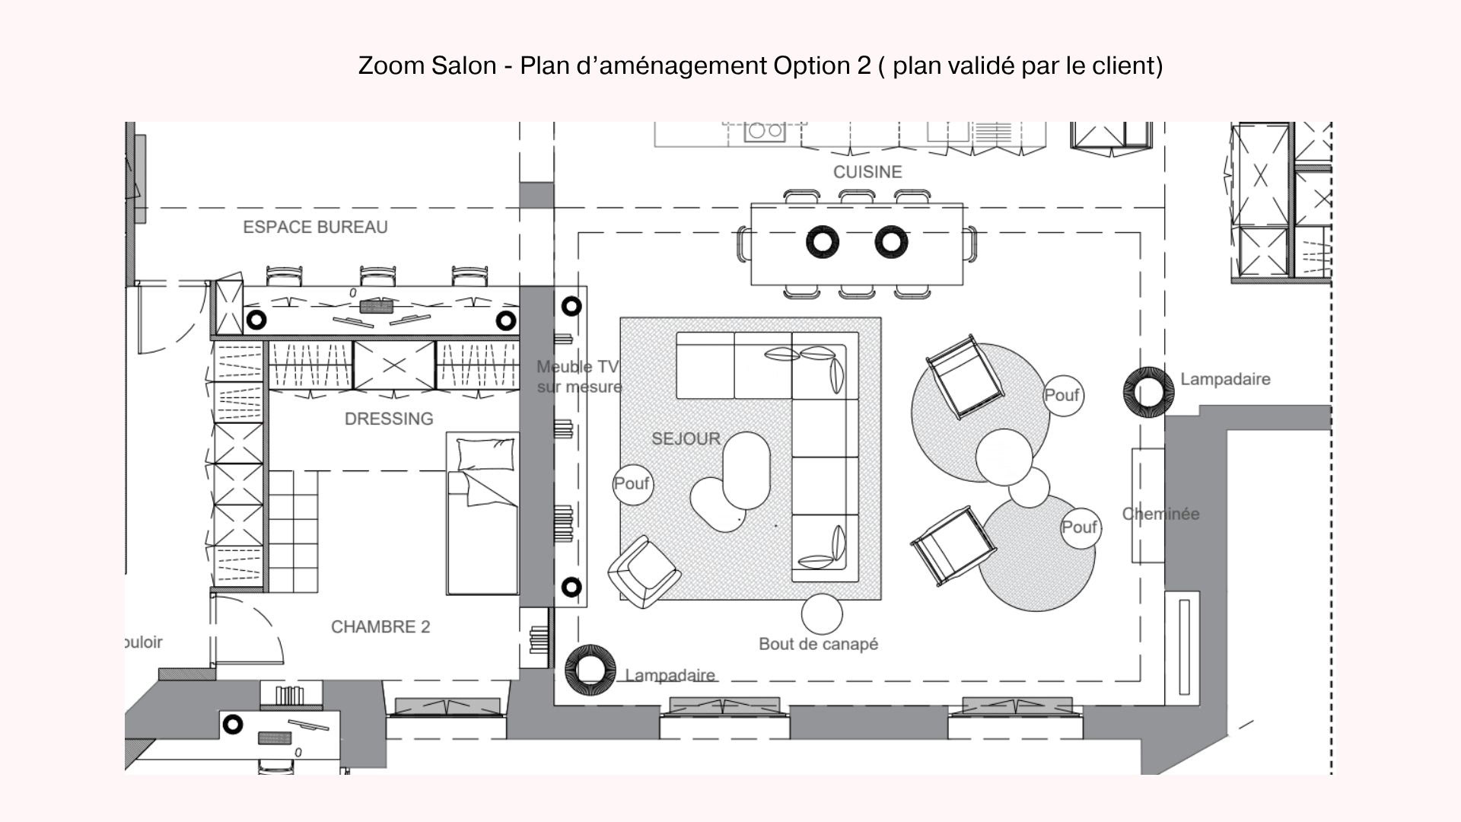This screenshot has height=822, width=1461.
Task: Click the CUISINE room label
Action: click(x=867, y=172)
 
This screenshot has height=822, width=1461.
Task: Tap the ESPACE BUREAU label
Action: click(x=315, y=227)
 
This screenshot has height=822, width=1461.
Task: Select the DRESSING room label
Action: click(x=389, y=419)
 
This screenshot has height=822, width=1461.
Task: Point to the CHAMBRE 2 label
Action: click(x=380, y=626)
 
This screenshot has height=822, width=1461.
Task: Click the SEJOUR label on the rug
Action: click(x=686, y=438)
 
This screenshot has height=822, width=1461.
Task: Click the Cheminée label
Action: click(x=1160, y=514)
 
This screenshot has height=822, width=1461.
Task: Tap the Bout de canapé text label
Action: click(x=818, y=644)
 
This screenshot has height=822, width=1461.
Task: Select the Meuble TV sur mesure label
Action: click(x=579, y=377)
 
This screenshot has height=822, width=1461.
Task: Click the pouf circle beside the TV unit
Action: click(x=632, y=484)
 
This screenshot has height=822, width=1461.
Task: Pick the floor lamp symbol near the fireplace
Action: click(x=1147, y=392)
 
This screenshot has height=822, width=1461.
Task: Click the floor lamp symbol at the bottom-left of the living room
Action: click(x=590, y=670)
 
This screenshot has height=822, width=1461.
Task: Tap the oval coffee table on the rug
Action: click(x=746, y=470)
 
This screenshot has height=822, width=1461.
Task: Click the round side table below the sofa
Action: click(x=822, y=614)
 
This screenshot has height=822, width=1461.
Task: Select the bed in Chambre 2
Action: click(x=482, y=514)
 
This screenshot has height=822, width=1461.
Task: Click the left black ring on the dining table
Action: click(x=823, y=242)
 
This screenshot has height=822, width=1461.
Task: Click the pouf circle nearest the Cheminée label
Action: click(x=1079, y=527)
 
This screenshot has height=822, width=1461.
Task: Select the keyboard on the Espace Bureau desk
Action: click(x=375, y=307)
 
